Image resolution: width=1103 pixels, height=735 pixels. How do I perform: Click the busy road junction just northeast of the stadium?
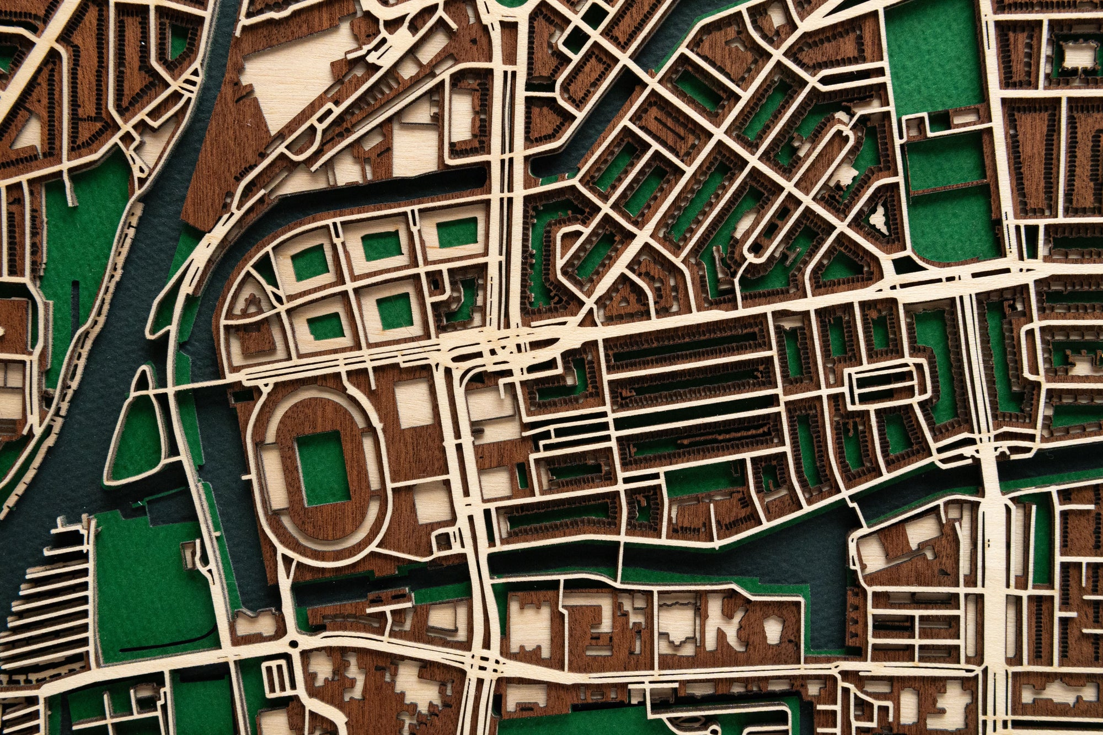[x=496, y=345]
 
